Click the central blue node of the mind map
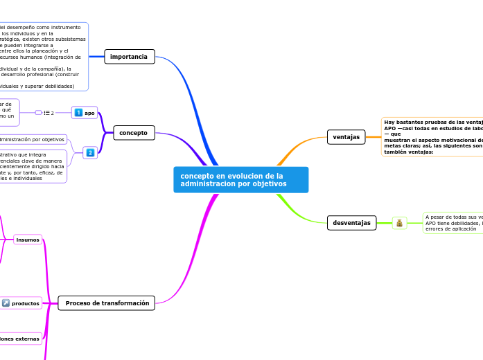[240, 180]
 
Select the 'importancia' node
[130, 57]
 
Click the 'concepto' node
[134, 132]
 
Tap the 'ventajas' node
[346, 137]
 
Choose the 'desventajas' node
[351, 223]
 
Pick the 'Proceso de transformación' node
[107, 303]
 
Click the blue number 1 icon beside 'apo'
[79, 113]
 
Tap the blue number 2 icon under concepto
[90, 152]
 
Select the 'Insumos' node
[28, 240]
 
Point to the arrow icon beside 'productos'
[6, 303]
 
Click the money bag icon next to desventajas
[400, 223]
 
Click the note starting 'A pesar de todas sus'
[453, 223]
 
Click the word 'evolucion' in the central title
[241, 176]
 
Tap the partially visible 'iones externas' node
[20, 339]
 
